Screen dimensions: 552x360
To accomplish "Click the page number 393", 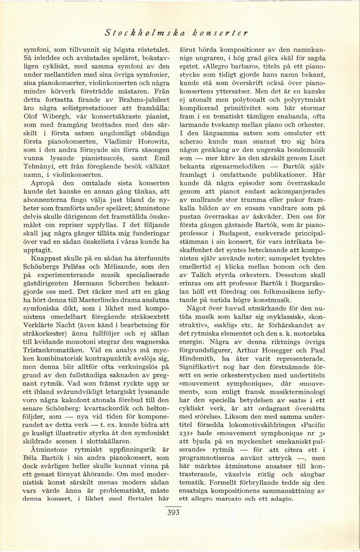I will pyautogui.click(x=173, y=513).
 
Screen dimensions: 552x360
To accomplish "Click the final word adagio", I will pyautogui.click(x=280, y=498).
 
